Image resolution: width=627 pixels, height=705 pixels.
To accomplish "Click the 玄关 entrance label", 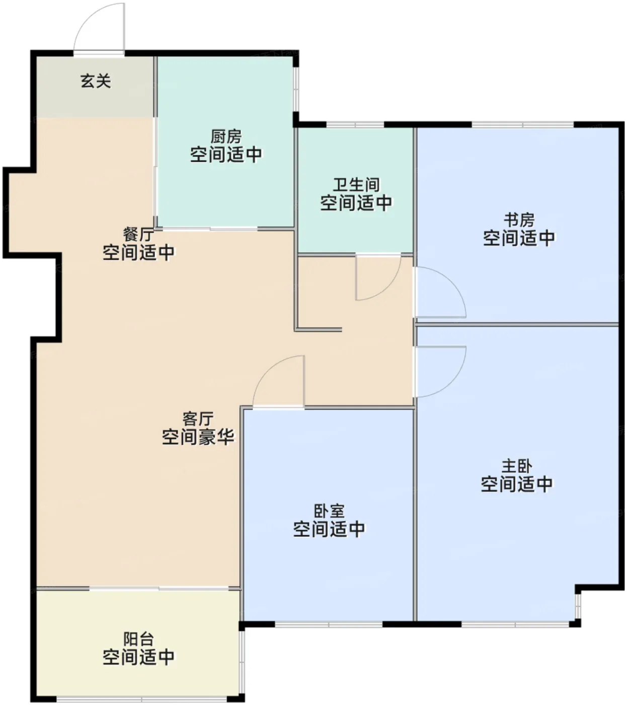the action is coord(96,81).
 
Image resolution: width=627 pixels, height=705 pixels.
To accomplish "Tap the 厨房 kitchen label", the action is coord(226,136).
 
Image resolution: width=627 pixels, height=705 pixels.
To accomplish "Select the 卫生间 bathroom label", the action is coord(356,184).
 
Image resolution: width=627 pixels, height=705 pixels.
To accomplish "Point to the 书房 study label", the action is coord(519,220).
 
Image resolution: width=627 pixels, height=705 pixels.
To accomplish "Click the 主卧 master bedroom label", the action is coord(517,466).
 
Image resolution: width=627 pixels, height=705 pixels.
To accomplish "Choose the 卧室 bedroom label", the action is coord(329,511).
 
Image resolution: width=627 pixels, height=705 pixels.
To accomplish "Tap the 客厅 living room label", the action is coord(198,419).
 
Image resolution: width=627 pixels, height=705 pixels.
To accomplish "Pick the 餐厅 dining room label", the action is coord(138,234).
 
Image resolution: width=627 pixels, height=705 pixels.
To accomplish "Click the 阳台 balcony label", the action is coord(138,639).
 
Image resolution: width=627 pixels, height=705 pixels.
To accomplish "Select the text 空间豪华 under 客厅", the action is coord(198,437).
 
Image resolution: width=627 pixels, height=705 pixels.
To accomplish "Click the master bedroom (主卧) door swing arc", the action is coord(452,383).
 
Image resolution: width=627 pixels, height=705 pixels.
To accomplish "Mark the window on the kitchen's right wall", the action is coord(296,90).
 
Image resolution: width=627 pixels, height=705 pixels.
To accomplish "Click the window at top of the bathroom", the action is coord(355,124).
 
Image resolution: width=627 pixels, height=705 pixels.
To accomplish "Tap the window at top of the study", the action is coord(523,124).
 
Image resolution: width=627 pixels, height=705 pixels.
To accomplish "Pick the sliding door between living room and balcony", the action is coord(159,589).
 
